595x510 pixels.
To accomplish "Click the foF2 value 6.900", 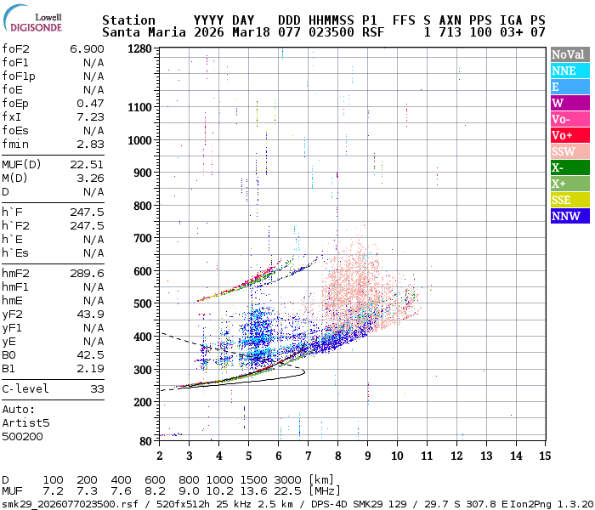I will [87, 49].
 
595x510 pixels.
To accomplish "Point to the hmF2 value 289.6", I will [87, 274].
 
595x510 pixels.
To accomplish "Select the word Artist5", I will [25, 422].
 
